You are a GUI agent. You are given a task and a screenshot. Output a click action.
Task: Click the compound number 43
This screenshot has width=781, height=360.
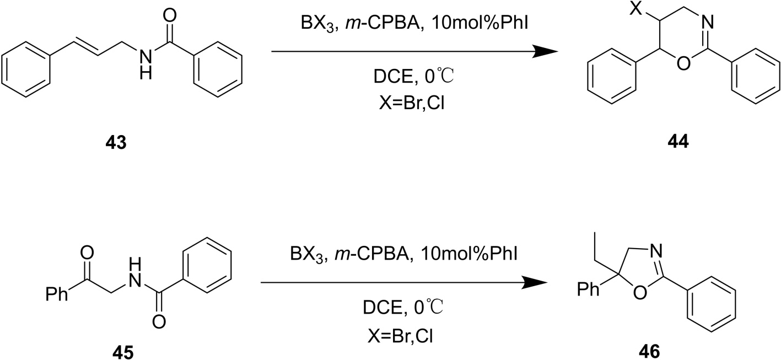tap(117, 144)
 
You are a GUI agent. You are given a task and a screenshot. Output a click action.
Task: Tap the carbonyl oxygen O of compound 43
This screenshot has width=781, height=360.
tap(171, 15)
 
